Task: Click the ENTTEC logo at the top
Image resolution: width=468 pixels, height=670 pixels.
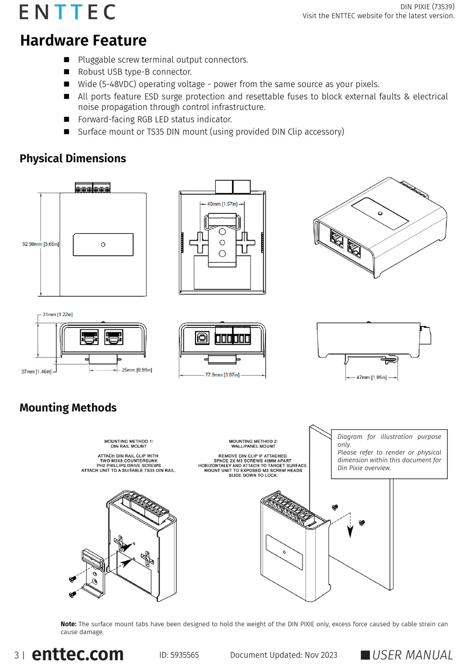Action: click(67, 12)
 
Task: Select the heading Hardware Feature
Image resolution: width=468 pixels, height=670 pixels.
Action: click(83, 40)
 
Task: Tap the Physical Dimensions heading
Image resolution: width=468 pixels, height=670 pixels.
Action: click(72, 158)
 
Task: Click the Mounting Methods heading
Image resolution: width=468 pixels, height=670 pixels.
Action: click(68, 408)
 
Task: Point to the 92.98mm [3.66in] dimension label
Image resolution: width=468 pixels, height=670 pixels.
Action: click(40, 244)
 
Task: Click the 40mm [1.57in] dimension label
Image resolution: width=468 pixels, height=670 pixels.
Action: click(222, 204)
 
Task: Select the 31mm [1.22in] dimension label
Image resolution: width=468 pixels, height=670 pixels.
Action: click(58, 315)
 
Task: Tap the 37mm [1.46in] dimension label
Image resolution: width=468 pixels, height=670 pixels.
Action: click(36, 371)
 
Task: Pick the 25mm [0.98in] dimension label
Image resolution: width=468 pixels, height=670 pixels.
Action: click(137, 370)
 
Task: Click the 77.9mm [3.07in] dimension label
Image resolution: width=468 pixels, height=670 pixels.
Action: click(222, 375)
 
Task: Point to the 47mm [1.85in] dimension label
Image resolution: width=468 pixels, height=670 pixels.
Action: click(371, 377)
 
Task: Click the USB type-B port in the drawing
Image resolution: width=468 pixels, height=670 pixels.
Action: click(202, 338)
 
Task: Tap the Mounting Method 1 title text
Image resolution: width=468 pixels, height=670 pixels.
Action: click(129, 444)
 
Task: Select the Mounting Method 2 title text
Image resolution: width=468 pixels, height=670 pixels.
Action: click(253, 444)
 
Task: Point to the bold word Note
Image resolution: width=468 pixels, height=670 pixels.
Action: click(68, 624)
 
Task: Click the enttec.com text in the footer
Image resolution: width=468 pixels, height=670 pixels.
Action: click(78, 654)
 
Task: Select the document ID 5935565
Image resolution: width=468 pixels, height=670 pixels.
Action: click(179, 655)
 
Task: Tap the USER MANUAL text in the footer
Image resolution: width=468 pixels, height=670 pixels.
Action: click(412, 655)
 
